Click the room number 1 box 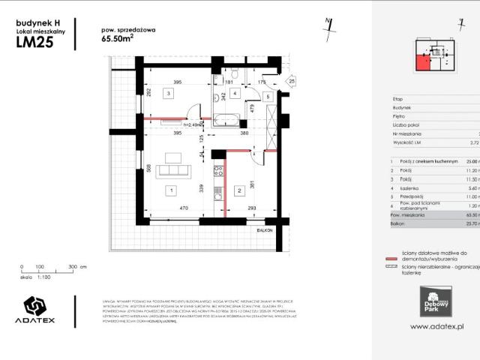coord(171,190)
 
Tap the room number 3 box coord(169,94)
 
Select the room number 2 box coord(239,190)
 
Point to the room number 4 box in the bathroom coord(235,94)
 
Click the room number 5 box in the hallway coord(268,97)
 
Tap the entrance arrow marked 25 coord(291,81)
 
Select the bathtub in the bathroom coord(228,118)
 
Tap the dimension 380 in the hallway coord(244,133)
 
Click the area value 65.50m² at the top coord(118,42)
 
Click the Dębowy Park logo coord(432,298)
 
